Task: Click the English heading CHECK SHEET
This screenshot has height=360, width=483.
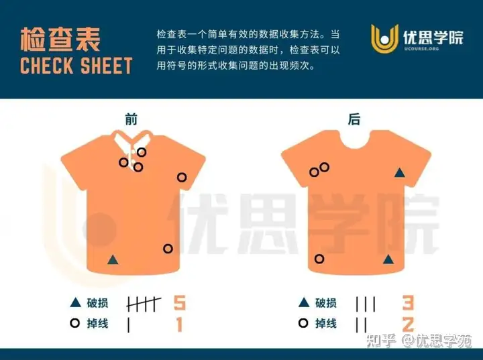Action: pyautogui.click(x=76, y=65)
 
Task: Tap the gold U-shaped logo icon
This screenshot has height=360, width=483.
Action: pyautogui.click(x=384, y=39)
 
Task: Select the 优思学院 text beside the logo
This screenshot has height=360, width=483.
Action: pyautogui.click(x=433, y=38)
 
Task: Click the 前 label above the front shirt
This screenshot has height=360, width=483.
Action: pyautogui.click(x=131, y=119)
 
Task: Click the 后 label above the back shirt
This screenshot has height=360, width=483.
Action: pyautogui.click(x=354, y=119)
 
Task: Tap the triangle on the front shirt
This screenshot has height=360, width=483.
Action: pyautogui.click(x=113, y=259)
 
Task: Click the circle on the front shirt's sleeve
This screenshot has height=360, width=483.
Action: pyautogui.click(x=182, y=178)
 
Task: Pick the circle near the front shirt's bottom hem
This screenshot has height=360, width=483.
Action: pyautogui.click(x=168, y=249)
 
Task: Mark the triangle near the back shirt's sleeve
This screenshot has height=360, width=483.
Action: pyautogui.click(x=400, y=173)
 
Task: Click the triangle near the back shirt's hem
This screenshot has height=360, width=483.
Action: pyautogui.click(x=388, y=259)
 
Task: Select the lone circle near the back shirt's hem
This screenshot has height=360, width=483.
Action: pyautogui.click(x=319, y=259)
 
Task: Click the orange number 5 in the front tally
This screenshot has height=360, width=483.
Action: pyautogui.click(x=180, y=303)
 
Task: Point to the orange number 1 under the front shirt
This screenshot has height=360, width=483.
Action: pyautogui.click(x=180, y=324)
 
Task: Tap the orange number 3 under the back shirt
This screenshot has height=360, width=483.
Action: pyautogui.click(x=408, y=303)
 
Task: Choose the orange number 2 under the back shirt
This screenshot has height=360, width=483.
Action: pyautogui.click(x=408, y=324)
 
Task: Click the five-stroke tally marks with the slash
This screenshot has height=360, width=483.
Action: pyautogui.click(x=144, y=304)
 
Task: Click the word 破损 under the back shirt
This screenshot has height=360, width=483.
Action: pyautogui.click(x=326, y=303)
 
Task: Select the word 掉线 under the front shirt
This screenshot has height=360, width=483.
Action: pyautogui.click(x=97, y=323)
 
